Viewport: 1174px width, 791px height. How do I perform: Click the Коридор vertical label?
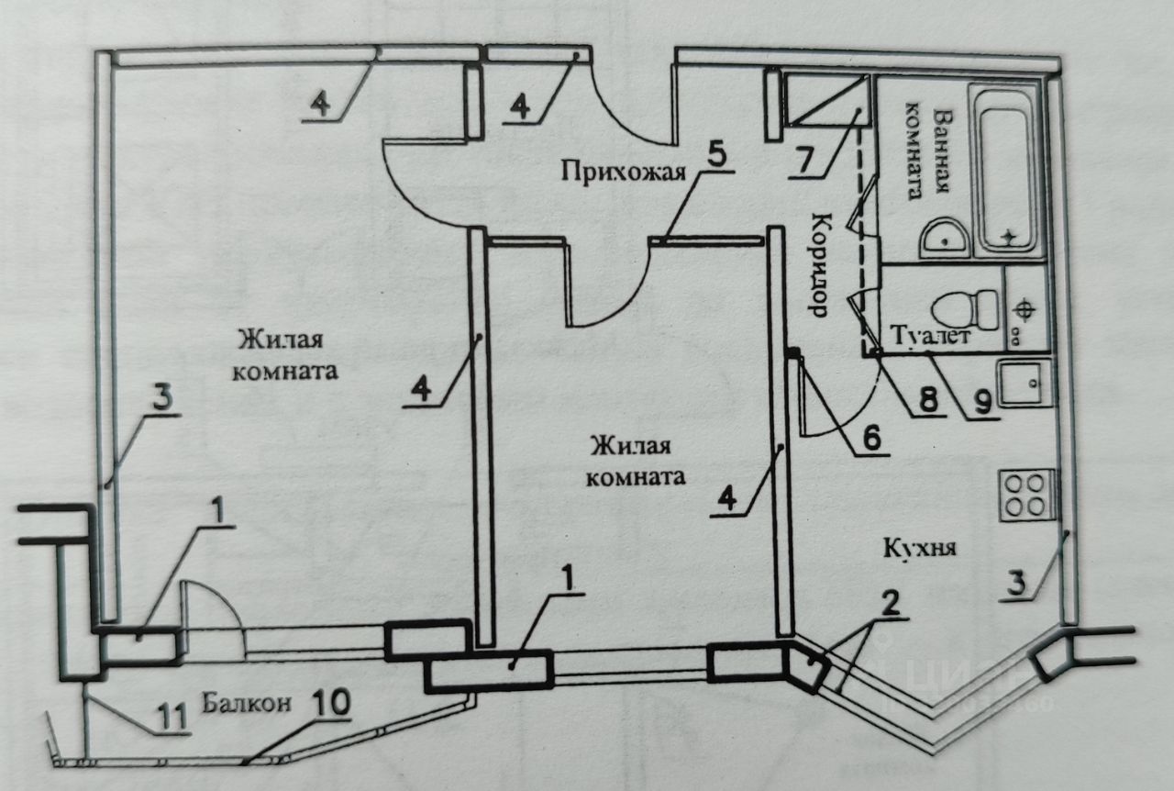[x=821, y=265]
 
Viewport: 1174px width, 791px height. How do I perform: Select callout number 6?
[x=869, y=439]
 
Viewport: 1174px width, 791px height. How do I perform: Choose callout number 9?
[x=983, y=402]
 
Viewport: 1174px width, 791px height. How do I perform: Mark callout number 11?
[x=172, y=714]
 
